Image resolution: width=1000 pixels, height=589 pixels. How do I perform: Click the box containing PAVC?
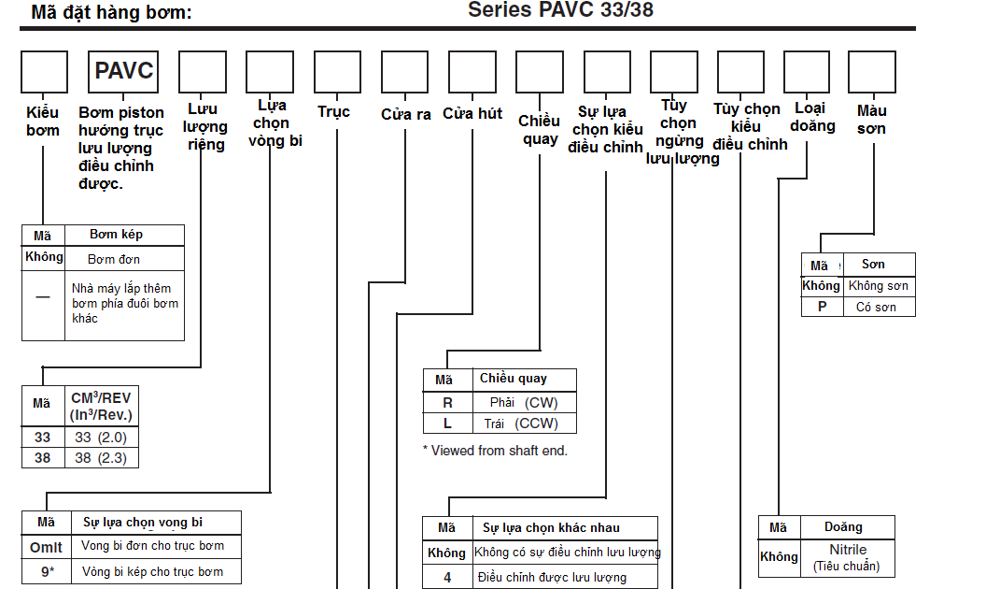click(123, 71)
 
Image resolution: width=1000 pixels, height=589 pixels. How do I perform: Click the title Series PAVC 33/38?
click(560, 11)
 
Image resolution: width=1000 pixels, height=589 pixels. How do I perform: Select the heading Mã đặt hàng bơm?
click(111, 13)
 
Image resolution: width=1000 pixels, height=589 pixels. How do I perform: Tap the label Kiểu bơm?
click(43, 122)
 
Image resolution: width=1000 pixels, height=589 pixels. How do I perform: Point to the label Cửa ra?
click(405, 114)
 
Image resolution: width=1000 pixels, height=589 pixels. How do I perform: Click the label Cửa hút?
click(472, 114)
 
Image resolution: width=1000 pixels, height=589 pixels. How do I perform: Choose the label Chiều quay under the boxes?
click(539, 130)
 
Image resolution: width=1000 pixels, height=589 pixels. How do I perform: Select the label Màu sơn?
click(871, 120)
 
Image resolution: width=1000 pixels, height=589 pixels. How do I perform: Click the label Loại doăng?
click(808, 117)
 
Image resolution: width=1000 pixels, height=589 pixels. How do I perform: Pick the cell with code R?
click(447, 403)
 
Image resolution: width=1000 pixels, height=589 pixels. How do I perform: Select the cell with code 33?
click(42, 437)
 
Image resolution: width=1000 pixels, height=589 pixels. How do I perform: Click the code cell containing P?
click(822, 307)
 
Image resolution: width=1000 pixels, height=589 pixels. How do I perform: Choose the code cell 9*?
click(46, 571)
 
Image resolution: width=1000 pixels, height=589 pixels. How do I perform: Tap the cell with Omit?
click(46, 546)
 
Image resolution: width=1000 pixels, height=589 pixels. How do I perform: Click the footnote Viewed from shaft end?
click(495, 451)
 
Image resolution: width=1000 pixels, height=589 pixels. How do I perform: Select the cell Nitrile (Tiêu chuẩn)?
click(848, 557)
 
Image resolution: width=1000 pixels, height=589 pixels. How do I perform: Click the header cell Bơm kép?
click(116, 234)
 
